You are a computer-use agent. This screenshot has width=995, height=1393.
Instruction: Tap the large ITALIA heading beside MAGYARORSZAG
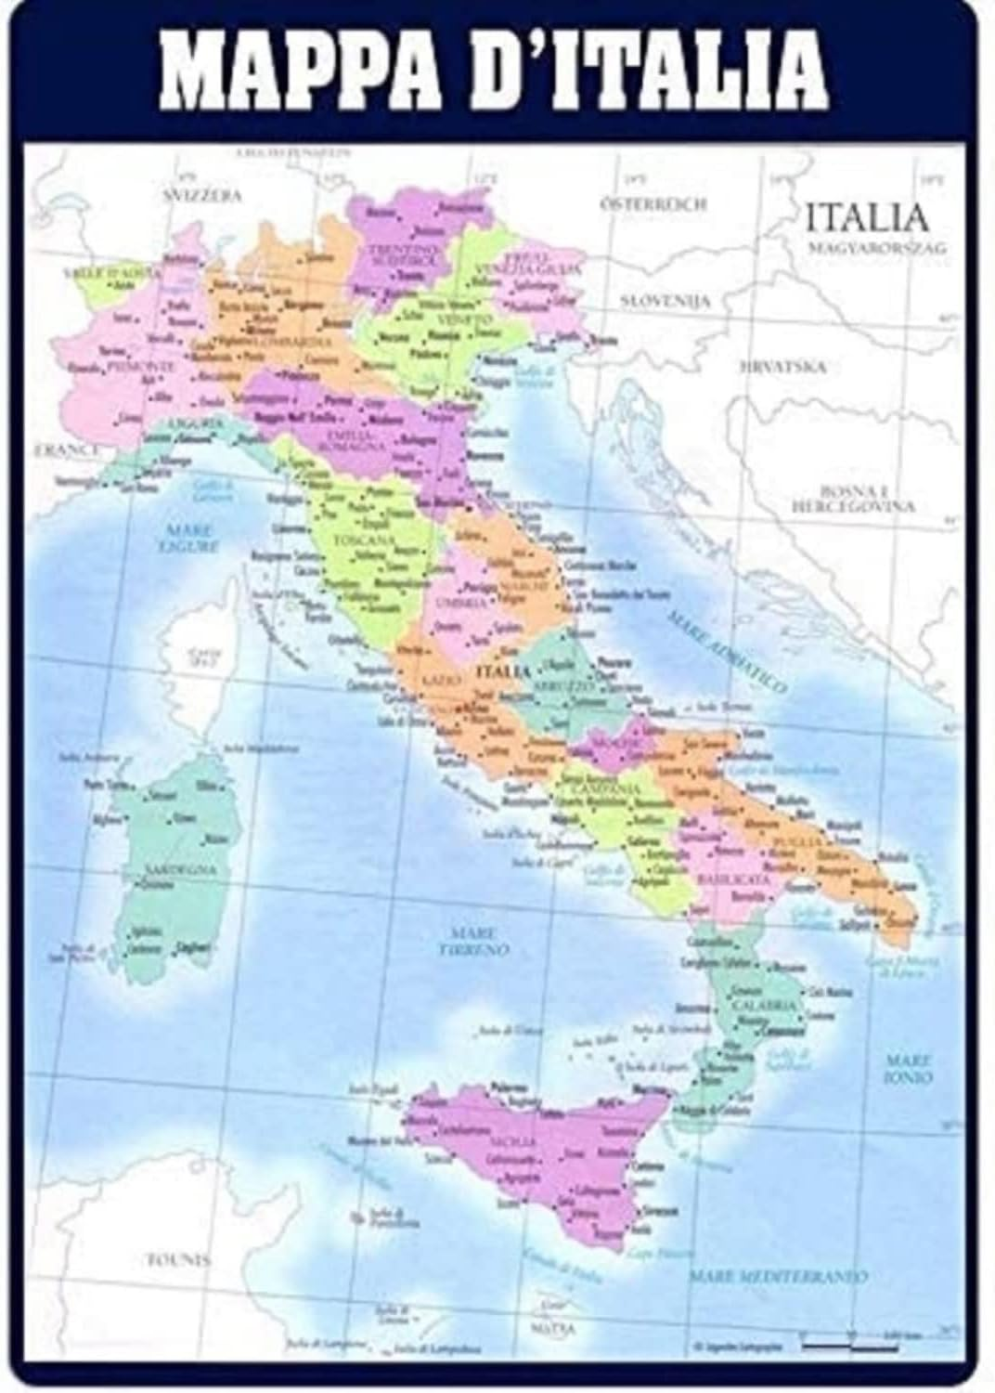866,217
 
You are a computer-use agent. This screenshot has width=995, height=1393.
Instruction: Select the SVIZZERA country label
202,196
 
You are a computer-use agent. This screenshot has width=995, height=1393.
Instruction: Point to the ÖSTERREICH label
653,203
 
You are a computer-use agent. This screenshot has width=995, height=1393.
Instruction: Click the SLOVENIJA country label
665,302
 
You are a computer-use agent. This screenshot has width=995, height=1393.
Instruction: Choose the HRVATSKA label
782,367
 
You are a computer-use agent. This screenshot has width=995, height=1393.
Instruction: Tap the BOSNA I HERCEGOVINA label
853,499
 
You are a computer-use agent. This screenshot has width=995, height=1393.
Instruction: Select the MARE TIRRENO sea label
474,942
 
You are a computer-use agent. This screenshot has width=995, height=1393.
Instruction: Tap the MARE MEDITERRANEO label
778,1277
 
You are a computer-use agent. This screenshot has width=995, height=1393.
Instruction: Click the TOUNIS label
179,1260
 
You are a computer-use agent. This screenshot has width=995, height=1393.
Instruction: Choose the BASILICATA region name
733,878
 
